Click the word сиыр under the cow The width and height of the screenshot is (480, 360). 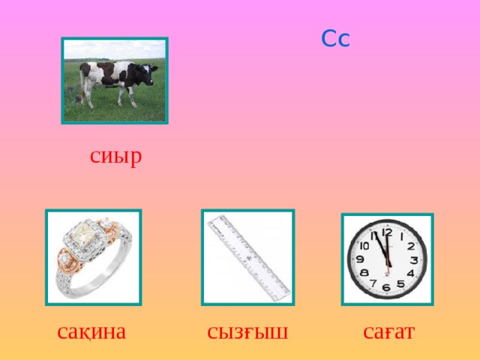coord(115,157)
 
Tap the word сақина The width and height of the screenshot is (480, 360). coord(91,331)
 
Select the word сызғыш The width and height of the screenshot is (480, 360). coord(247,331)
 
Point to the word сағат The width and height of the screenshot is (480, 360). coord(388,331)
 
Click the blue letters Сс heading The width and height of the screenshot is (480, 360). coord(335,38)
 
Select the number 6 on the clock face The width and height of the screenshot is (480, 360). coord(386,287)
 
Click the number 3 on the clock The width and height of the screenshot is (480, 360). coord(414,259)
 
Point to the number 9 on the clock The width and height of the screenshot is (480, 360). coord(359,259)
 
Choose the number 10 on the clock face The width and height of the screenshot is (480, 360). coord(364,245)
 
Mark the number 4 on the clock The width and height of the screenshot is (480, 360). coord(410,273)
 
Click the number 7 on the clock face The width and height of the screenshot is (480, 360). coord(373,284)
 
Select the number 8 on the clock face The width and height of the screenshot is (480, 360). coord(363,273)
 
